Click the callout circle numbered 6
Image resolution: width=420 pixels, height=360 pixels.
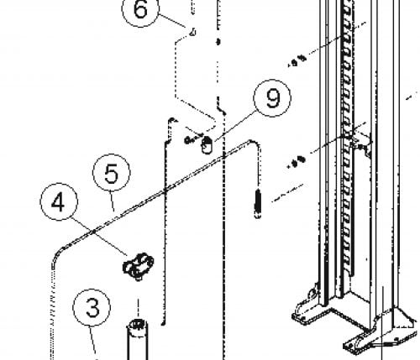140,9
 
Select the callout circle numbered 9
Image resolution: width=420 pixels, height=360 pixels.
272,98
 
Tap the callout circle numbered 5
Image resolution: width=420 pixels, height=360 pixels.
112,173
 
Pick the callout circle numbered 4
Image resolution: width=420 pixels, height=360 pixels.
59,201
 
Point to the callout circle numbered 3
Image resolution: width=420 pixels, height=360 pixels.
92,307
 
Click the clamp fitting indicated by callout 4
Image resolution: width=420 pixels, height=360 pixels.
138,267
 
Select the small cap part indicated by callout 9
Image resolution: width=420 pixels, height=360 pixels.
207,145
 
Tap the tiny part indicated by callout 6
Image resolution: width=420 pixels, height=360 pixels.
192,32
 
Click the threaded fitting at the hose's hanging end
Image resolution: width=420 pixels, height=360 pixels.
258,204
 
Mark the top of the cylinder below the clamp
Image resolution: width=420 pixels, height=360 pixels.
137,326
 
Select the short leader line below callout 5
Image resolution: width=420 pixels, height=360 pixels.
112,201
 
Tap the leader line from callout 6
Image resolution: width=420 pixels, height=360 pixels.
172,20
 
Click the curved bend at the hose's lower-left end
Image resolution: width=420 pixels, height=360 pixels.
57,253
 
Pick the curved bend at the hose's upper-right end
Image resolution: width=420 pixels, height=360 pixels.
255,144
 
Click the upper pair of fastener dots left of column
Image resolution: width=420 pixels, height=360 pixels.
298,60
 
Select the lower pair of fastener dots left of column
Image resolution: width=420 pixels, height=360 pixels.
297,162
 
